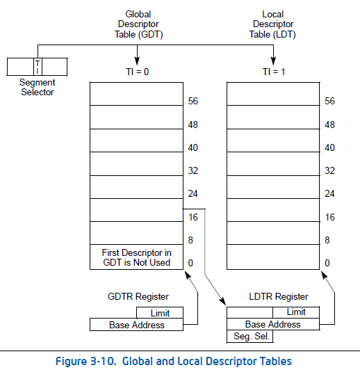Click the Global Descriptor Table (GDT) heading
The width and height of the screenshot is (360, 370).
tap(138, 24)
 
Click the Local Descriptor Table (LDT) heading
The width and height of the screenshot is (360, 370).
tap(273, 24)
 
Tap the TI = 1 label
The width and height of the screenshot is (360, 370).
tap(273, 71)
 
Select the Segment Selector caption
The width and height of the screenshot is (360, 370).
tap(38, 88)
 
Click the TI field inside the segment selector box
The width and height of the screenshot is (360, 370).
tap(38, 66)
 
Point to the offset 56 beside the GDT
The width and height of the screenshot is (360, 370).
tap(193, 102)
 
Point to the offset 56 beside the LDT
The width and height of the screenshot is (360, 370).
tap(330, 102)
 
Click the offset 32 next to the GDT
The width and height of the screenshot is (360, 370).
tap(193, 171)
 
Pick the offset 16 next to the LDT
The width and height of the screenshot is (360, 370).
tap(330, 217)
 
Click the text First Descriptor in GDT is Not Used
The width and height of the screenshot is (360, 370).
tap(136, 257)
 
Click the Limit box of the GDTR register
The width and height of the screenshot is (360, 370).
tap(160, 314)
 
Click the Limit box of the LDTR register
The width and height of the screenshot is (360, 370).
tap(295, 313)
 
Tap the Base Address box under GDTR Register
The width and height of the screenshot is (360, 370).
tap(137, 325)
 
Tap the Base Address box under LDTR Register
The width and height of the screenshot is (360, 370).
tap(273, 324)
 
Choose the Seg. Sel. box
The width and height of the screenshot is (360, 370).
tap(250, 337)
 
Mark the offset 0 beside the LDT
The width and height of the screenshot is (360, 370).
tap(327, 264)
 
